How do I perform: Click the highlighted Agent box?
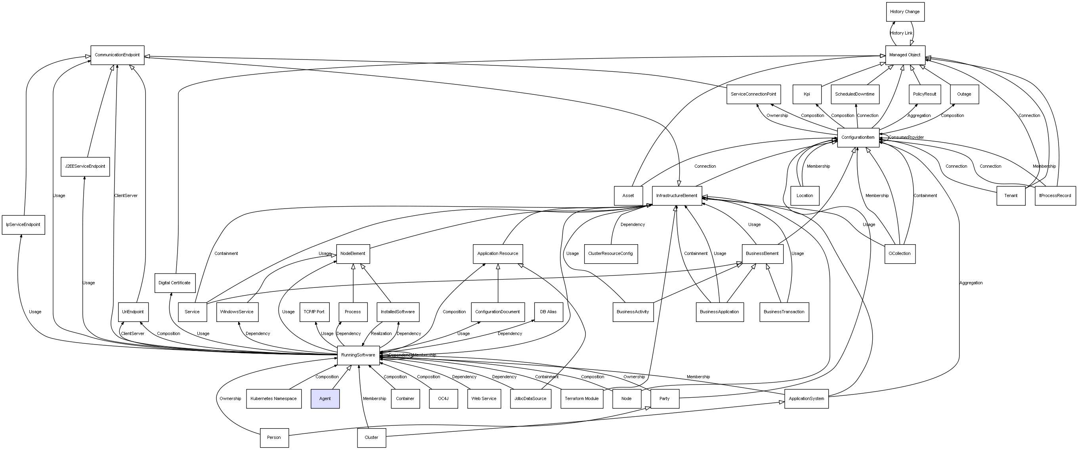325,398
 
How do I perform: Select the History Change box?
905,12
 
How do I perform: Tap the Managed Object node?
905,55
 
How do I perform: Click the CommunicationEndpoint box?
117,55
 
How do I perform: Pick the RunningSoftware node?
358,355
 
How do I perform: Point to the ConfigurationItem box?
858,137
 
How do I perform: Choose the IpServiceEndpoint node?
23,225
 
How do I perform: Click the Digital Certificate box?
174,283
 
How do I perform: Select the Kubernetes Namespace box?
273,398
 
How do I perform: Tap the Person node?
274,437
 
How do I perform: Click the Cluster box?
371,437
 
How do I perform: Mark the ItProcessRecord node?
1055,195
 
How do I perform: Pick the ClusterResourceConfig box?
611,254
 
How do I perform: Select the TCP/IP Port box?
314,312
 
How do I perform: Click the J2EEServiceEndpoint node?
85,167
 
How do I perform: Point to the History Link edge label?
901,33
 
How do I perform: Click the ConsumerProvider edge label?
906,137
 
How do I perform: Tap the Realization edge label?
381,333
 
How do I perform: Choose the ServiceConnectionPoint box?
753,94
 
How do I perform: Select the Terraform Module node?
582,398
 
